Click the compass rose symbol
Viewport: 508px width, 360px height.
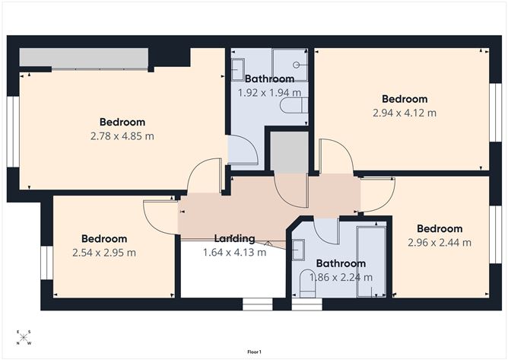click(x=24, y=337)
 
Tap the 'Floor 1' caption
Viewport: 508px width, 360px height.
click(x=254, y=352)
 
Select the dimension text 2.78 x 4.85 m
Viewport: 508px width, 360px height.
click(x=122, y=136)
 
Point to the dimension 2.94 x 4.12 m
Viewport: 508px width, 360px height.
click(x=404, y=113)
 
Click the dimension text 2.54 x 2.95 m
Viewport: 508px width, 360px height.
click(x=103, y=253)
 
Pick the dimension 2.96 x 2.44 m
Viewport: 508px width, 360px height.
click(x=439, y=243)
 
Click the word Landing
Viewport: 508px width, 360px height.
click(x=233, y=238)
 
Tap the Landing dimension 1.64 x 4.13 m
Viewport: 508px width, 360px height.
click(x=233, y=252)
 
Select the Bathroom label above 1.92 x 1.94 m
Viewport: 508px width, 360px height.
click(x=269, y=79)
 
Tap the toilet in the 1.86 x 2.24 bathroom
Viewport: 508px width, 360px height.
click(x=308, y=285)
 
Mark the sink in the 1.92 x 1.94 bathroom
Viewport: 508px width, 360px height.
click(x=237, y=68)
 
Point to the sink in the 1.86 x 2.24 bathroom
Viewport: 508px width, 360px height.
click(x=297, y=249)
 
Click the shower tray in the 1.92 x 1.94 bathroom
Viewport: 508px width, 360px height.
click(x=290, y=65)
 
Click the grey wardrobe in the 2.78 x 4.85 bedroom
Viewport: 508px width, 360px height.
click(x=84, y=58)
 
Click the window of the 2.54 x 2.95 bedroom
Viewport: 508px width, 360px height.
click(x=46, y=261)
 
